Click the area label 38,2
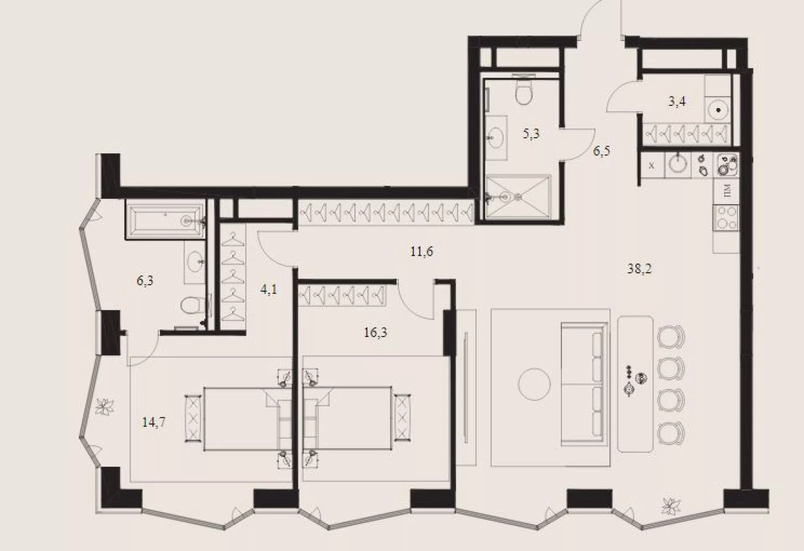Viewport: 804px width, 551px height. coord(639,269)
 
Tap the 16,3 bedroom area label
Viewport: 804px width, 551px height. coord(375,332)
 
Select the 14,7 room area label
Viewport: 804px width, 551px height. coord(153,422)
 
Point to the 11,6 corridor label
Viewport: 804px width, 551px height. coord(422,252)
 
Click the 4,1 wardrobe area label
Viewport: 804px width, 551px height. coord(269,289)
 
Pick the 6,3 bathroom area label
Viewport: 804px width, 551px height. coord(145,281)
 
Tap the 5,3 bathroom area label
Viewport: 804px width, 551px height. coord(531,134)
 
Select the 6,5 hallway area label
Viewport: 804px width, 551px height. coord(601,151)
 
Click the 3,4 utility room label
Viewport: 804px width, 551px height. coord(677,101)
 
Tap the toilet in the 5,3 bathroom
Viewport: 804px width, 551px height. coord(524,90)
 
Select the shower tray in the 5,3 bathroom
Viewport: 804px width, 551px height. coord(518,197)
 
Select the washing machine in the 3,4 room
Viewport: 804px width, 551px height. coord(719,110)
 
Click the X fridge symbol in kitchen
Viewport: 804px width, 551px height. coord(651,165)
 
